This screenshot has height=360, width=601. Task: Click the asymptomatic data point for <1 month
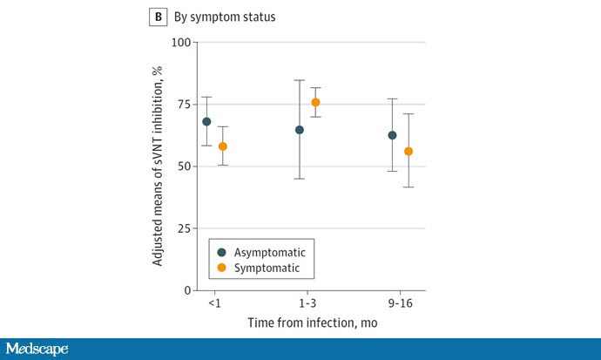(206, 122)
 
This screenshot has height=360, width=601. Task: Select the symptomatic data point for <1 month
(223, 146)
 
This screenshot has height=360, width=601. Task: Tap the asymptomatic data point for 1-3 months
(300, 130)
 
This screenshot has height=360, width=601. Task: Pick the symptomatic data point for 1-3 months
(315, 102)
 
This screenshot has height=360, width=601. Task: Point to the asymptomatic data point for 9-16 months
(393, 135)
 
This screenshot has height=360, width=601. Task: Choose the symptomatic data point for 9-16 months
(409, 151)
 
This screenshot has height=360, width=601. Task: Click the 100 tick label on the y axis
(181, 42)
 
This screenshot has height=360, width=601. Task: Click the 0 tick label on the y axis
(187, 290)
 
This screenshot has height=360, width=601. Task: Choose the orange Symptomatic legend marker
(222, 268)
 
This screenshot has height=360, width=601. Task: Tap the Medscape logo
(37, 349)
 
